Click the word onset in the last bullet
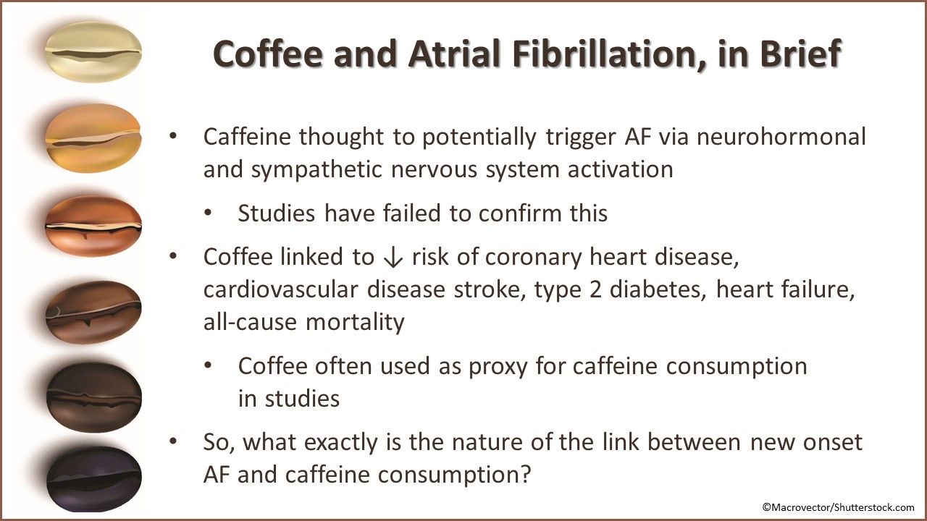(826, 441)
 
